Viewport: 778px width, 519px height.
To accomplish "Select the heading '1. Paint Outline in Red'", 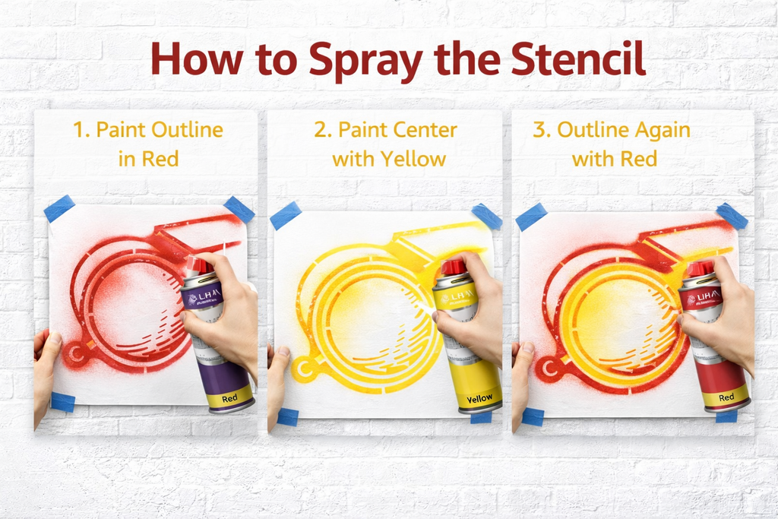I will click(148, 144).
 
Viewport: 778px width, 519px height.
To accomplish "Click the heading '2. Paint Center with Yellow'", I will click(386, 144).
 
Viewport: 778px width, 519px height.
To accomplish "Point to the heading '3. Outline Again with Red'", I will click(612, 144).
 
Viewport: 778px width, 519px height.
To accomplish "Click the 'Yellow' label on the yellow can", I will click(479, 398).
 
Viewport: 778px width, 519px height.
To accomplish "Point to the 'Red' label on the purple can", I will click(229, 397).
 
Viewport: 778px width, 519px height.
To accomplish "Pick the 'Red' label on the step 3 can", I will click(726, 396).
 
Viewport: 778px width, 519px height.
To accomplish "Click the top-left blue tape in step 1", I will click(59, 208).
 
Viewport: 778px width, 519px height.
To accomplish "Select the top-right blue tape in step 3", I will click(732, 216).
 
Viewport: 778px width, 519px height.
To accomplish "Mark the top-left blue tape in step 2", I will click(286, 215).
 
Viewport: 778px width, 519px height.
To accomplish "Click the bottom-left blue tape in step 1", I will click(63, 402).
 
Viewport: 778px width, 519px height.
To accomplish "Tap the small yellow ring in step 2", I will click(306, 369).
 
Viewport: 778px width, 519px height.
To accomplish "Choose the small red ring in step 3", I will click(546, 369).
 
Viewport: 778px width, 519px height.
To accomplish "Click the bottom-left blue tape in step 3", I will click(533, 416).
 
